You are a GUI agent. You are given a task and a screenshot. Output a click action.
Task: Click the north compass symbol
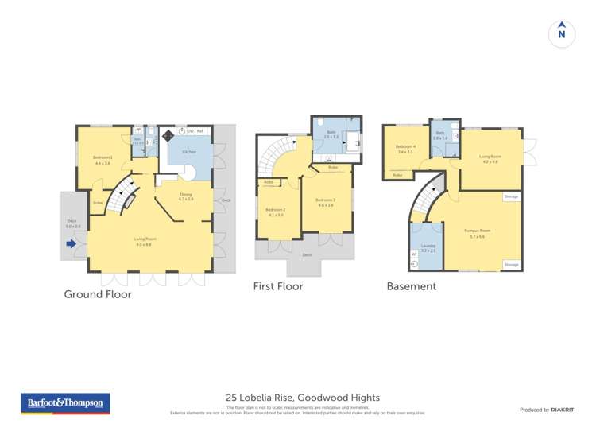(562, 33)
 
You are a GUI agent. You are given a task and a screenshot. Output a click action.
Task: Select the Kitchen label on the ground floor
(190, 150)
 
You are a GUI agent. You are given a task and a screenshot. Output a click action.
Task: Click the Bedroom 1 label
(103, 158)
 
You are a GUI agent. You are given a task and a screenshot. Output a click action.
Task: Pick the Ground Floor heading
(98, 294)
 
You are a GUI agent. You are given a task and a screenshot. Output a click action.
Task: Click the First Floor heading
(277, 286)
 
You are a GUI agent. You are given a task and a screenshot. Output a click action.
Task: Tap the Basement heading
(411, 286)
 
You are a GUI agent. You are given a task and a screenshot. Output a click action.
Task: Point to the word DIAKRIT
(561, 410)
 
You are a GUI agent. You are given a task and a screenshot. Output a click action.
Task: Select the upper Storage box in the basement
(512, 196)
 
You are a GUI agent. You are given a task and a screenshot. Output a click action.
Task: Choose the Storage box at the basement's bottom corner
(512, 264)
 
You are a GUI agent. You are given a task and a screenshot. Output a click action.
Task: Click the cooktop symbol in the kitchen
(168, 136)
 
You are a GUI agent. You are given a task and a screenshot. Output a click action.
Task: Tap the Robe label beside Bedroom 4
(397, 174)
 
